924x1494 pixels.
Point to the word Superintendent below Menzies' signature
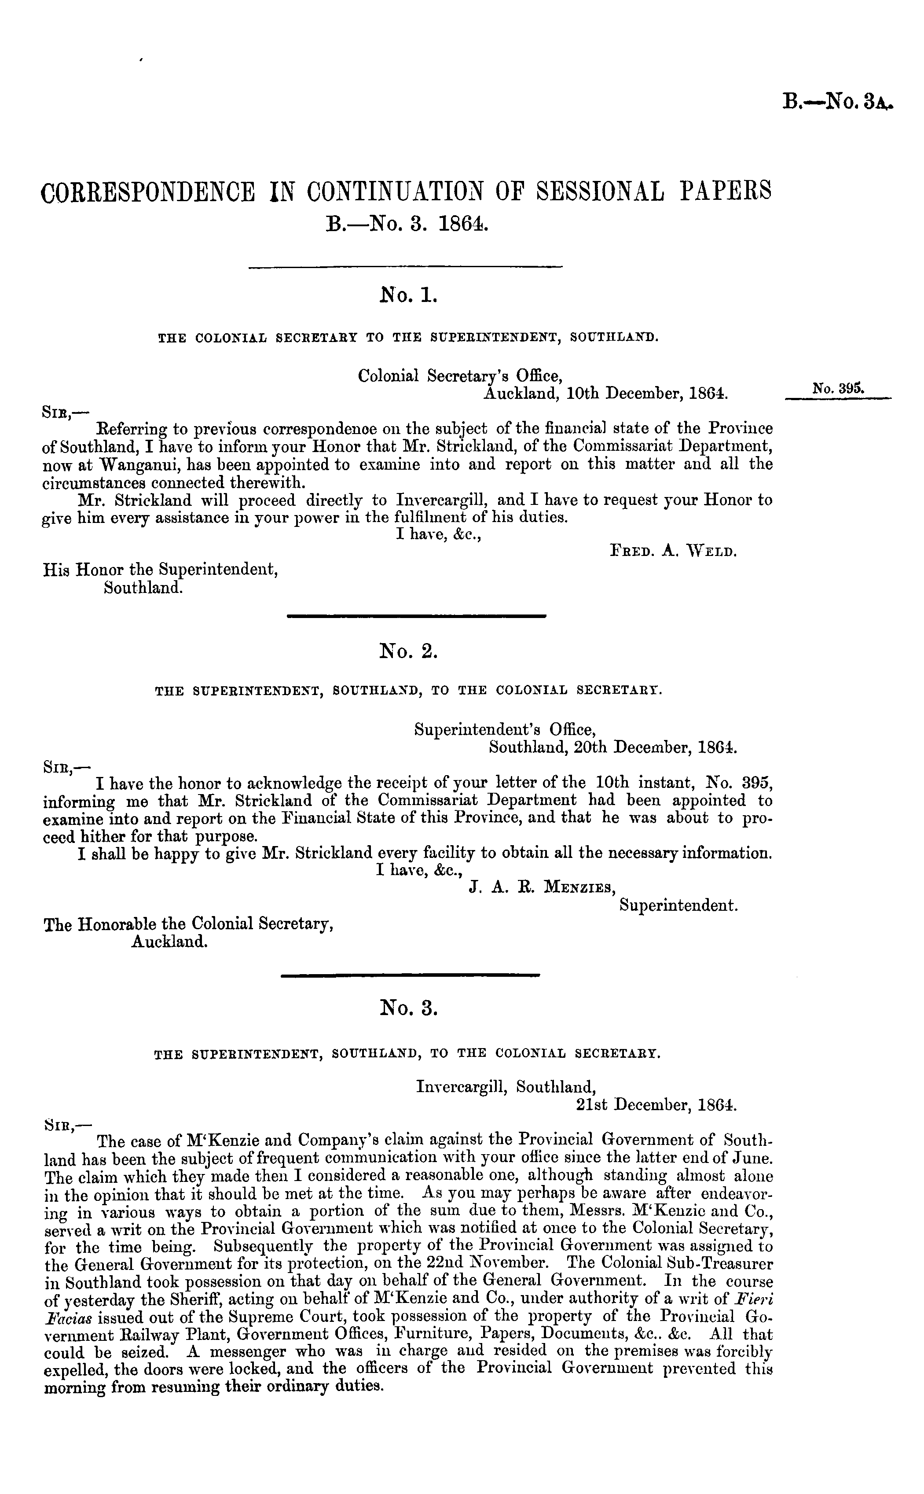point(678,905)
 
